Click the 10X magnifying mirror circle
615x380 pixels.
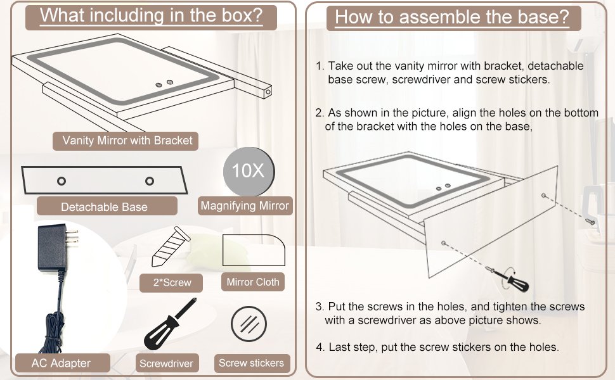[x=249, y=172]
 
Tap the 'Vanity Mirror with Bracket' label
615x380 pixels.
[x=127, y=140]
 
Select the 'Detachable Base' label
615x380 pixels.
[x=104, y=207]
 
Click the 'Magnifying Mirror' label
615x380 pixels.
[x=245, y=205]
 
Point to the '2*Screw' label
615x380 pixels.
[x=172, y=282]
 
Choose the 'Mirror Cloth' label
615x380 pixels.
[x=254, y=282]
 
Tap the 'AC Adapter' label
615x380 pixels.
[x=61, y=363]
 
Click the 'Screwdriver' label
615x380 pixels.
[x=166, y=364]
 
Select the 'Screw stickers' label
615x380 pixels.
[x=251, y=363]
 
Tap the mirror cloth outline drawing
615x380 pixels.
[x=254, y=250]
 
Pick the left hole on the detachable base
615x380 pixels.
[x=61, y=181]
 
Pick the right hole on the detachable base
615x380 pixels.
[x=150, y=181]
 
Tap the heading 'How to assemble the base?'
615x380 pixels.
[x=452, y=17]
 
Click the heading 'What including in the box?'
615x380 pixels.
[x=151, y=16]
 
